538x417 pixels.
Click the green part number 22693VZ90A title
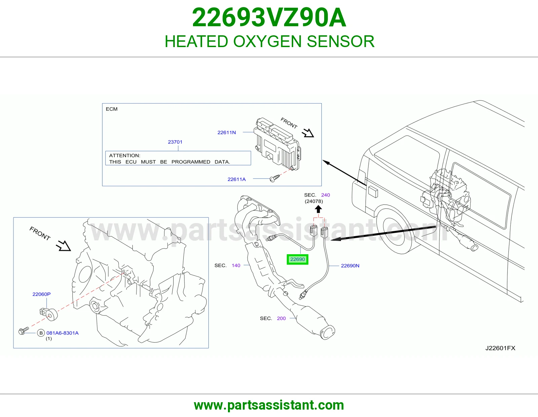point(269,17)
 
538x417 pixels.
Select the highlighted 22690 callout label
point(297,259)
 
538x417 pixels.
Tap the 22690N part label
point(350,266)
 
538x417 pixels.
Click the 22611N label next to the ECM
point(227,132)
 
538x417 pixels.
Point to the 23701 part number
point(175,142)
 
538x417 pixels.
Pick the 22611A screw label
point(236,179)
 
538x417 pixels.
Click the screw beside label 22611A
point(275,178)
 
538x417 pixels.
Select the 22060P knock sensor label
point(41,294)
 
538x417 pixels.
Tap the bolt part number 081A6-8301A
point(63,333)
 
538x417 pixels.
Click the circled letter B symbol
point(41,333)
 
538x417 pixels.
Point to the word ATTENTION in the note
point(124,155)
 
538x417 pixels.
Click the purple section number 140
point(236,265)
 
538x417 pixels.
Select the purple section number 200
point(281,318)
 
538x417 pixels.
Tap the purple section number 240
point(325,195)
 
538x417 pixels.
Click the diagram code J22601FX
point(500,348)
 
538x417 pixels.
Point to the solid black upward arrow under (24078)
point(318,209)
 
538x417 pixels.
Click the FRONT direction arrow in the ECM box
point(308,133)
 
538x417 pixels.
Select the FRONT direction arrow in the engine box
point(63,246)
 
